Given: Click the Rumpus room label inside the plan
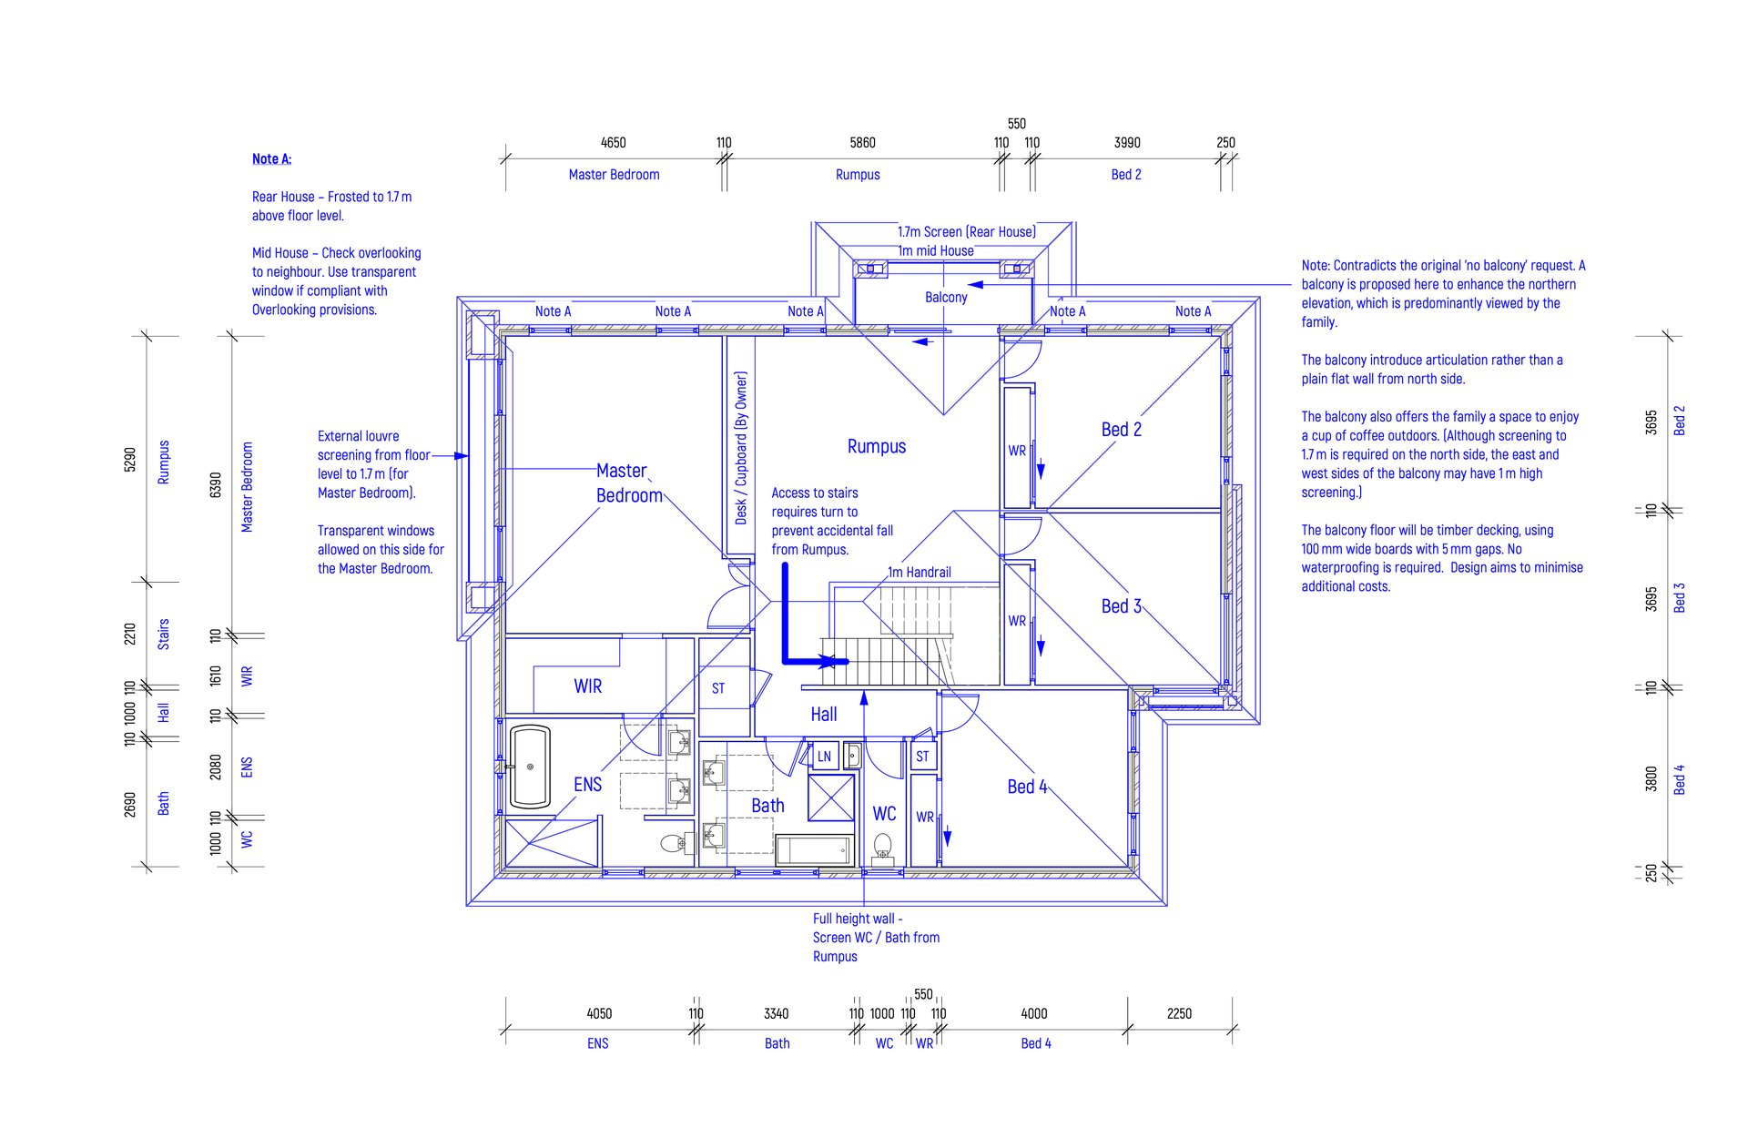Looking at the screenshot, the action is (x=877, y=446).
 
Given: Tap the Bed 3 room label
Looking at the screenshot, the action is (x=1122, y=606).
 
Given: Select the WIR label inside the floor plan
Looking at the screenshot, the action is (x=588, y=686).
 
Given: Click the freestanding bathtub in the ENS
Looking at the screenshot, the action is (x=530, y=767).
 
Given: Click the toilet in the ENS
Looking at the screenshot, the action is (x=674, y=843).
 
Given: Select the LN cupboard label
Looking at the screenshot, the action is (x=824, y=757).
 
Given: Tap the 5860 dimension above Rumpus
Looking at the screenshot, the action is (x=862, y=143).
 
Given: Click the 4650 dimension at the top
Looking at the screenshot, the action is (x=613, y=143).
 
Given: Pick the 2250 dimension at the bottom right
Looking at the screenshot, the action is (x=1179, y=1013).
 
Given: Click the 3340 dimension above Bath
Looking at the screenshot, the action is (x=776, y=1013).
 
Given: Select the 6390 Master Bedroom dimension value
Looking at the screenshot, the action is (x=216, y=485).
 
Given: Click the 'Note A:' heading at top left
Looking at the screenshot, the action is (x=271, y=159).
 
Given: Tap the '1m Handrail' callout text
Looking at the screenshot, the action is (x=920, y=573).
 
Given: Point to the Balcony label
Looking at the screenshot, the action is (x=946, y=298).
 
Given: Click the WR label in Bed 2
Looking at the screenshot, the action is (x=1017, y=451).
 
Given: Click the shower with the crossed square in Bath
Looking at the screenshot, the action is (x=831, y=798).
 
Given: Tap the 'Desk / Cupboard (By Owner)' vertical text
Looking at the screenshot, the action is (x=741, y=447).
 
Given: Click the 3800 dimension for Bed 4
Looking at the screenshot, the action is (x=1651, y=779).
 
